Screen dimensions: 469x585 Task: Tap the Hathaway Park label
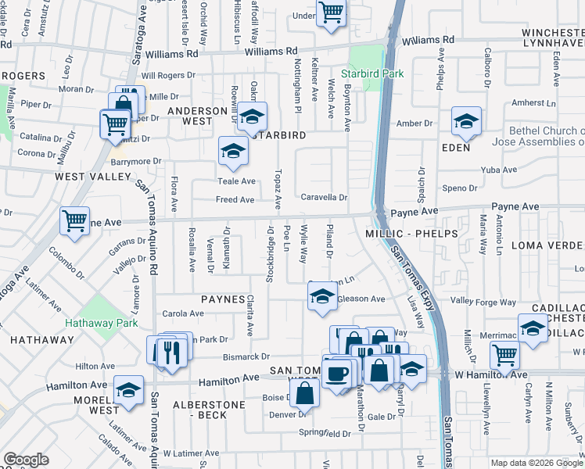(101, 322)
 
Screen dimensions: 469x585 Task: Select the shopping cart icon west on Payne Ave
(74, 221)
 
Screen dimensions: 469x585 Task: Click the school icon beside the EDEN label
(466, 121)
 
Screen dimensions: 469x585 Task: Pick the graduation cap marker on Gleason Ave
(321, 297)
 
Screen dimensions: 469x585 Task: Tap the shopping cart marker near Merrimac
(504, 355)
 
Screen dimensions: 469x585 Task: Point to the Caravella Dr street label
(324, 198)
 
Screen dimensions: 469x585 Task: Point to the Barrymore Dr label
(135, 161)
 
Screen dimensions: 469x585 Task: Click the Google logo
(26, 460)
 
